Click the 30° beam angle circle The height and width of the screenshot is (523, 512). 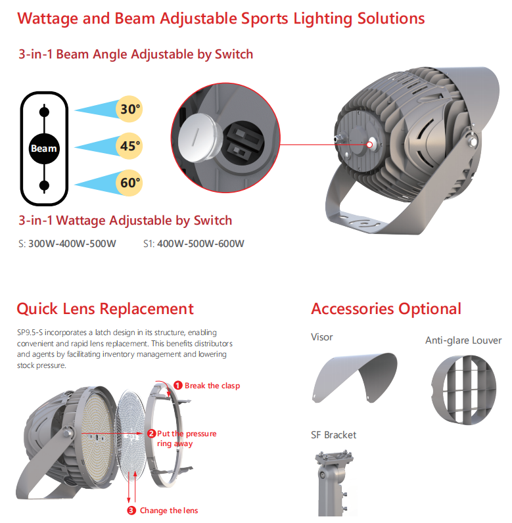pos(130,109)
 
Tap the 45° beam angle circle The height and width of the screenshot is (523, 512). pos(130,146)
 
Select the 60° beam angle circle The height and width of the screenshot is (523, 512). pos(130,183)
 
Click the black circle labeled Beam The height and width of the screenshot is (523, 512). pos(44,148)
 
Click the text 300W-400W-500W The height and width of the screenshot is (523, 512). pos(72,244)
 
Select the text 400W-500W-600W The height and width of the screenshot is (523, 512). pos(200,244)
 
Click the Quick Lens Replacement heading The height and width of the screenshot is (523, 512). pos(105,309)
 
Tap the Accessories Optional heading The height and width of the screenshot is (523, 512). pos(386,309)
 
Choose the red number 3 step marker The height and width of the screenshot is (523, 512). pos(131,511)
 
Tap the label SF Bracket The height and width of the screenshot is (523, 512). pos(333,435)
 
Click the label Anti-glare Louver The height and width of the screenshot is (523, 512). pos(463,340)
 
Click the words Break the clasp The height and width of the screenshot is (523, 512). pos(212,386)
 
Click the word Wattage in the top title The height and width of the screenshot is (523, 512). pos(52,18)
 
